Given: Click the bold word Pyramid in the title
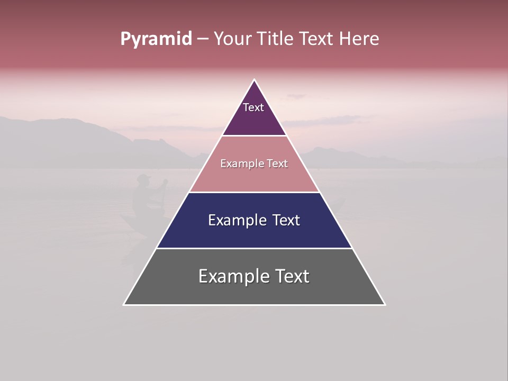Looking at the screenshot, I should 156,39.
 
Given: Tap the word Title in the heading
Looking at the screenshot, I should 276,39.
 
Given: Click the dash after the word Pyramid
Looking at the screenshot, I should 202,39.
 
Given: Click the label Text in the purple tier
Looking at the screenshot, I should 253,107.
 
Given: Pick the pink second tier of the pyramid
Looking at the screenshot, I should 254,178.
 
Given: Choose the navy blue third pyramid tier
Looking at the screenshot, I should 254,233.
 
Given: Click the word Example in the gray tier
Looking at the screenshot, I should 233,276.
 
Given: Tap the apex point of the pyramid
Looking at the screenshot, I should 254,80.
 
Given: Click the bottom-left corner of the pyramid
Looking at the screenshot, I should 124,304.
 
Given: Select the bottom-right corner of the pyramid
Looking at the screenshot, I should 384,304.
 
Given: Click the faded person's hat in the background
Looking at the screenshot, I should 143,178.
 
